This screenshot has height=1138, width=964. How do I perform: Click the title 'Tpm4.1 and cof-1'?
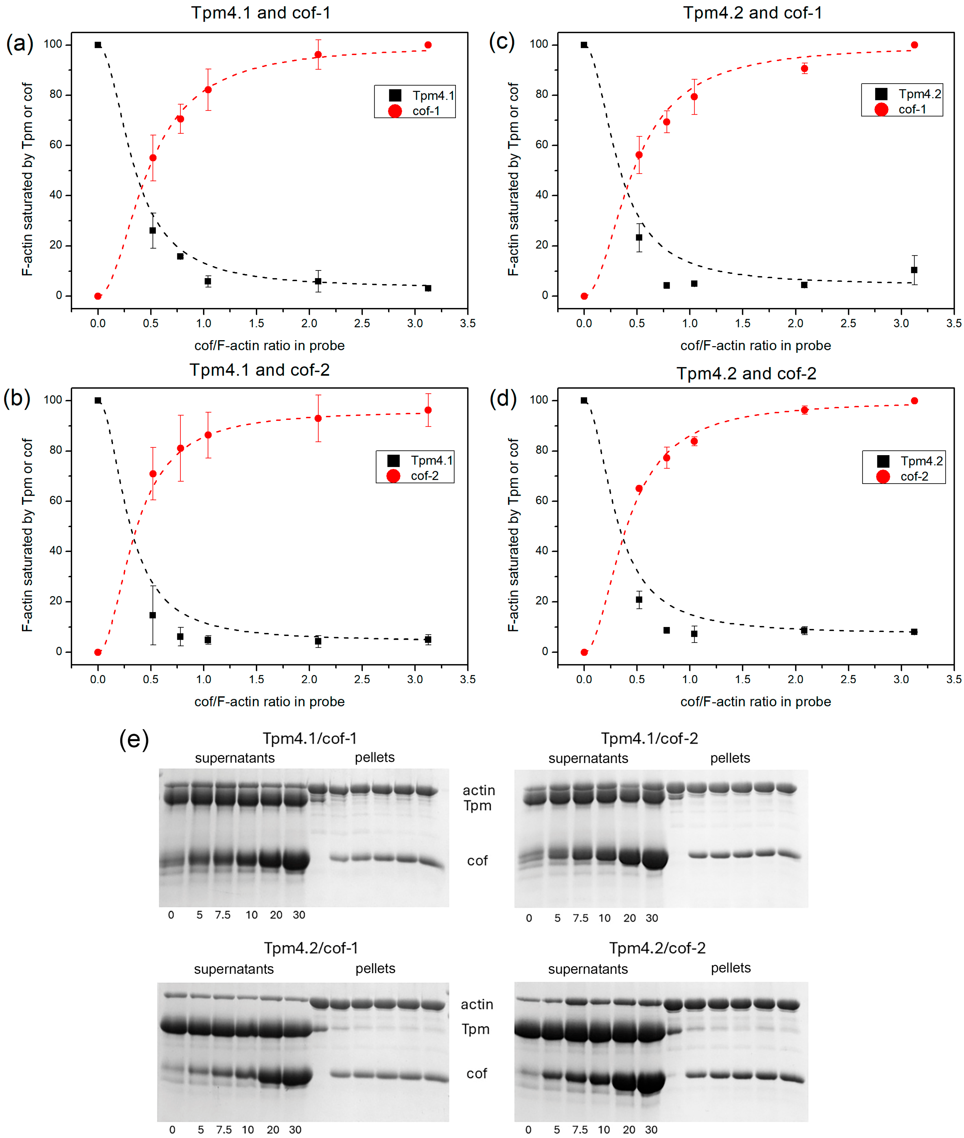(261, 12)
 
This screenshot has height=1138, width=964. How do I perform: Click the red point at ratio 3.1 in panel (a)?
(428, 45)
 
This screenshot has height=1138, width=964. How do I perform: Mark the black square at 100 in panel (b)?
(98, 400)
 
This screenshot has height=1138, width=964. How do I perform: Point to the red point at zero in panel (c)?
(584, 296)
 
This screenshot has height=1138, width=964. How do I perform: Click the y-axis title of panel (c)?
(513, 179)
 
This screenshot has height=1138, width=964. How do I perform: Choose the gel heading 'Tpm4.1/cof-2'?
(649, 738)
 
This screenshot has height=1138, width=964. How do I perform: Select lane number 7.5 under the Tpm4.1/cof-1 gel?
(223, 914)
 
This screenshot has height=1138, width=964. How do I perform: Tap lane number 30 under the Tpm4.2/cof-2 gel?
(651, 1129)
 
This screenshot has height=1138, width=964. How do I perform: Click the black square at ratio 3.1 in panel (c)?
(914, 270)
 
